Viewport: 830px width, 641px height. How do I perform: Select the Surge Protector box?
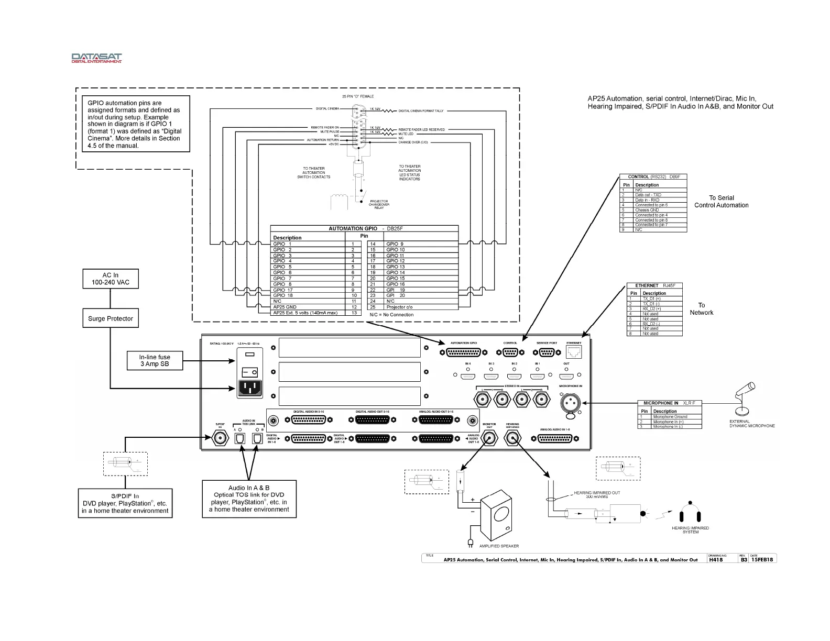click(110, 318)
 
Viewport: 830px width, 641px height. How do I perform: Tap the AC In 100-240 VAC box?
click(110, 279)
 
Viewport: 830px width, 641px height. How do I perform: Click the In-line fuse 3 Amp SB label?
click(155, 361)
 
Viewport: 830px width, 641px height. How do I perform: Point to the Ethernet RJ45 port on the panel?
click(574, 352)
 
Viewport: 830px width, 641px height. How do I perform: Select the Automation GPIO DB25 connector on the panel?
click(463, 352)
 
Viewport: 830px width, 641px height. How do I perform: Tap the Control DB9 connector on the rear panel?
click(510, 352)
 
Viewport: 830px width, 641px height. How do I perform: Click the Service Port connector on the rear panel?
click(546, 352)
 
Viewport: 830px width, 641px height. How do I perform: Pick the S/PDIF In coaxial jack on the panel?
click(220, 439)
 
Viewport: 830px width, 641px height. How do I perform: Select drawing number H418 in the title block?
click(715, 559)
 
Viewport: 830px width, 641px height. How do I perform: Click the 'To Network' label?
click(701, 309)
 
